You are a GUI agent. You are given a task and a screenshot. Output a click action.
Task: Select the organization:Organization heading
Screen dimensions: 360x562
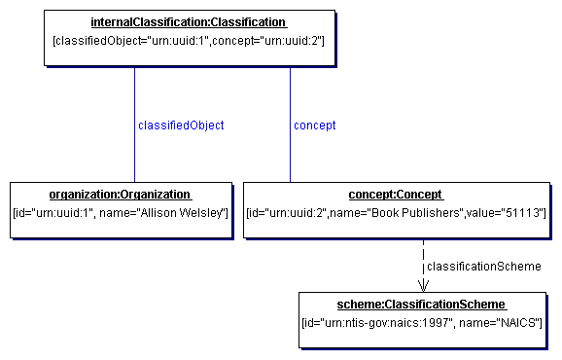pyautogui.click(x=120, y=194)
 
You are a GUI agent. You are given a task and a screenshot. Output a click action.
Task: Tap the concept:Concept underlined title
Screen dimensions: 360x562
pyautogui.click(x=396, y=194)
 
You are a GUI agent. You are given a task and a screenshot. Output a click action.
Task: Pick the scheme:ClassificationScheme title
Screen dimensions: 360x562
pyautogui.click(x=420, y=304)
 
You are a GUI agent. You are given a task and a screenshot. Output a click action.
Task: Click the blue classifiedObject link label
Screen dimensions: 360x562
pyautogui.click(x=181, y=126)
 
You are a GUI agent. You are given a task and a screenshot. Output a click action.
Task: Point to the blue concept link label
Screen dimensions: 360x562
pyautogui.click(x=315, y=126)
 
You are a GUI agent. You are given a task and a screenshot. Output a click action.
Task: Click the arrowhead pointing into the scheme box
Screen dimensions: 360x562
pyautogui.click(x=423, y=285)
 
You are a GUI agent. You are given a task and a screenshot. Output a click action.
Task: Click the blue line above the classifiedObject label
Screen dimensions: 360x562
pyautogui.click(x=135, y=92)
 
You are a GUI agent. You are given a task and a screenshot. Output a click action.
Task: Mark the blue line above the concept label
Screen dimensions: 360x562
pyautogui.click(x=290, y=92)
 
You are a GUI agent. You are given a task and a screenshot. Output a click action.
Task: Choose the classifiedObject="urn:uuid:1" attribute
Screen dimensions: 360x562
pyautogui.click(x=126, y=41)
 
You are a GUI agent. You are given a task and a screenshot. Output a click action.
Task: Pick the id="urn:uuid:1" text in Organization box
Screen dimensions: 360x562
pyautogui.click(x=53, y=212)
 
